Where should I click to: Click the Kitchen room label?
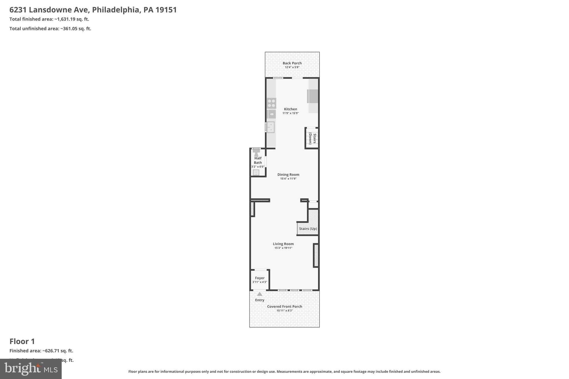[x=290, y=109]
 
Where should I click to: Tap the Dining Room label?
[x=288, y=175]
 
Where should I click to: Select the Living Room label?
[x=283, y=244]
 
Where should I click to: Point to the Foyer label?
[x=260, y=278]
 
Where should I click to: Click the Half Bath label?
[x=258, y=160]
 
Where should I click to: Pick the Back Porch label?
[x=292, y=63]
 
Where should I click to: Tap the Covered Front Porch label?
[x=284, y=307]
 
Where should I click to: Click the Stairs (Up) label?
[x=308, y=229]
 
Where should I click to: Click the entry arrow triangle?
[x=259, y=294]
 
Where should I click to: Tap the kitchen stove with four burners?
[x=271, y=103]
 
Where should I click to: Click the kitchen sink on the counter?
[x=270, y=127]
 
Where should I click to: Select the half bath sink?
[x=256, y=172]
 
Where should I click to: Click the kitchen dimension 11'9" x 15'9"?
[x=290, y=113]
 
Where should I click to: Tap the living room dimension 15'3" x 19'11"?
[x=283, y=248]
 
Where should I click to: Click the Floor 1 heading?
[x=22, y=341]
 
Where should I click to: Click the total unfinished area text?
[x=50, y=29]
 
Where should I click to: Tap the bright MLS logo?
[x=31, y=369]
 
